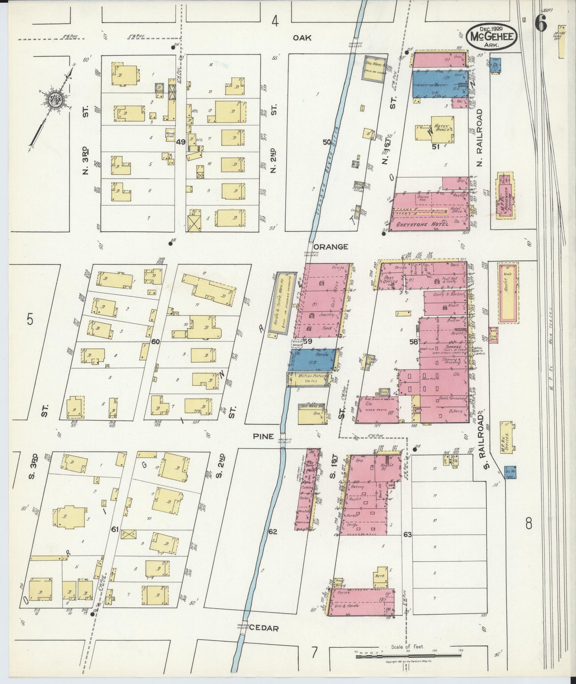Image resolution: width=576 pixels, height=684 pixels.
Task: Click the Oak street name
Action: coord(302,38)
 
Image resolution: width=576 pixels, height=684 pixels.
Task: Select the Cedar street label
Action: coord(263,628)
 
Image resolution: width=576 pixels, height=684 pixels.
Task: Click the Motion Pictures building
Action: coord(310,379)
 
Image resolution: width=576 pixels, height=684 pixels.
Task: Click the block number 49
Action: coord(180,142)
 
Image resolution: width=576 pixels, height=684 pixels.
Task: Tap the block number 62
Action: coord(273,532)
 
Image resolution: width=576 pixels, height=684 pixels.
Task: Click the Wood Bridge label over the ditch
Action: coord(297,343)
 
